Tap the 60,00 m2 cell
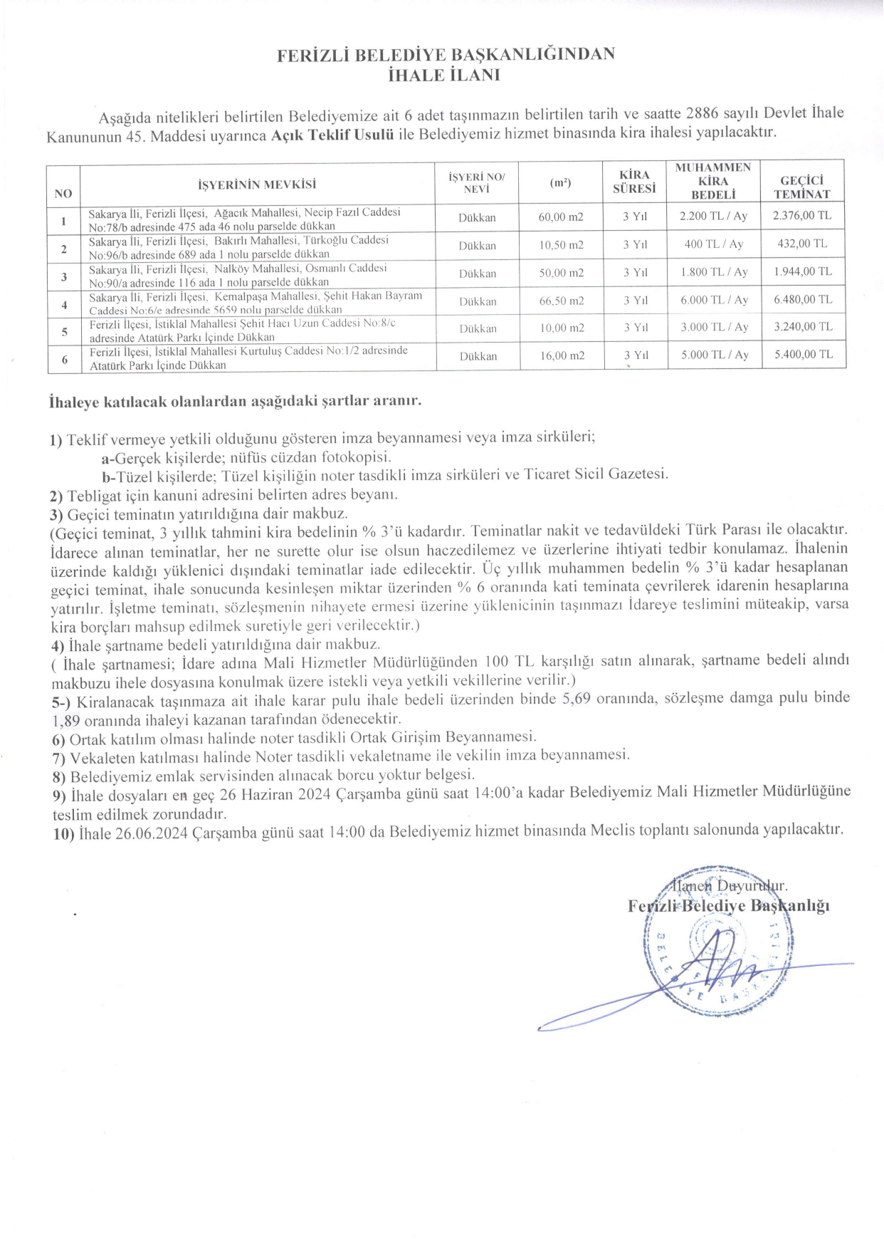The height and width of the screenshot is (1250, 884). pos(561,217)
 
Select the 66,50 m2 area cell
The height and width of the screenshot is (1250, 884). pos(561,301)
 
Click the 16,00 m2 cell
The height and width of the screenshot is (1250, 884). pos(561,355)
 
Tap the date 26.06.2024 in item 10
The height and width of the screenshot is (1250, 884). pos(152,831)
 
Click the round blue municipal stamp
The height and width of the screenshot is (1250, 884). pos(712,959)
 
